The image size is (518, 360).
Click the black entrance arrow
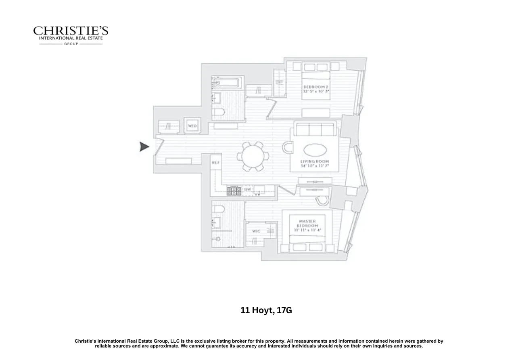coord(144,147)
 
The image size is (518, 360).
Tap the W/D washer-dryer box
coord(192,126)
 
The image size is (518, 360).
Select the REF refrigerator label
coord(216,162)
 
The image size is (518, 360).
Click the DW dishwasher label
coord(248,189)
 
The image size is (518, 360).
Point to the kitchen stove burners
coord(234,190)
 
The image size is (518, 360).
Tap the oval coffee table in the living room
coord(315,151)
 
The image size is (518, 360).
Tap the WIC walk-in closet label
coord(256,231)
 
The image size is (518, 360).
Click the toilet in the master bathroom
coord(219,209)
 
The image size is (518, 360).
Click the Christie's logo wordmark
coord(71,31)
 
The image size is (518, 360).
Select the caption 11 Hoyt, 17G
coord(266,310)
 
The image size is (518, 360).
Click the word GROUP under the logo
coord(71,44)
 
